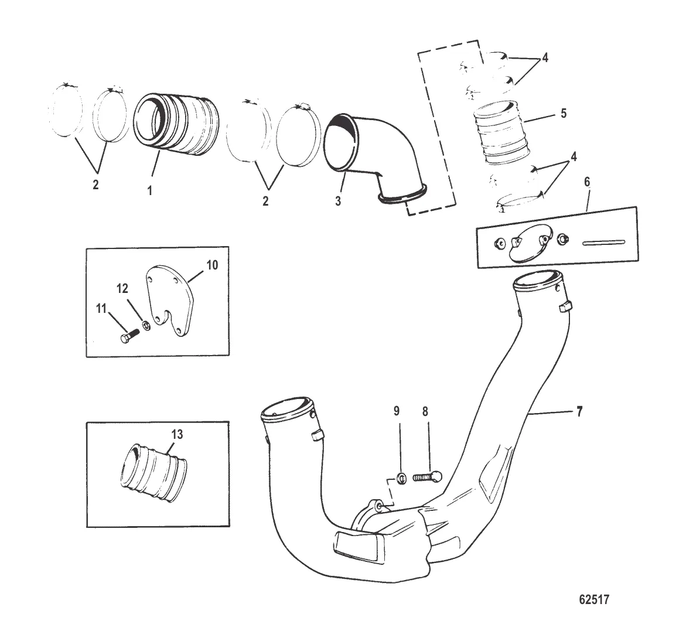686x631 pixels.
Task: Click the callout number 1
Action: [x=149, y=191]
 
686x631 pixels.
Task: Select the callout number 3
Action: [x=338, y=201]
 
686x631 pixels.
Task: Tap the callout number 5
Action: [x=563, y=114]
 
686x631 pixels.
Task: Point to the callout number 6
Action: [x=587, y=182]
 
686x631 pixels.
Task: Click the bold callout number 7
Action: [x=579, y=412]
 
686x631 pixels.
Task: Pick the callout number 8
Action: [x=425, y=411]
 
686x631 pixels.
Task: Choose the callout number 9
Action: [x=397, y=411]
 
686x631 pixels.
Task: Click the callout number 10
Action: [x=212, y=265]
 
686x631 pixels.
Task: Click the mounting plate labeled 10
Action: [x=170, y=299]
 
